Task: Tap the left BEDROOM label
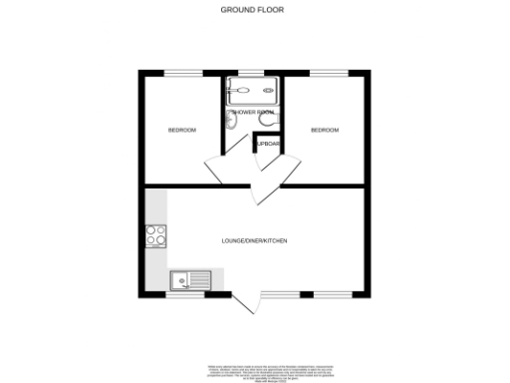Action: (x=181, y=131)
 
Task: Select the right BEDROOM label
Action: (x=325, y=130)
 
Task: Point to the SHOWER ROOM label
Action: (x=253, y=113)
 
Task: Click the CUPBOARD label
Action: (x=269, y=144)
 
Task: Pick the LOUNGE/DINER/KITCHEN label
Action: (x=255, y=241)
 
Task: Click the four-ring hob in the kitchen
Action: (x=157, y=236)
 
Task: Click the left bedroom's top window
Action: (x=180, y=72)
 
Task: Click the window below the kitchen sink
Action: (x=182, y=295)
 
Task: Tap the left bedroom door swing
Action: (x=220, y=170)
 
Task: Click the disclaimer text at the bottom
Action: (x=254, y=370)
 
